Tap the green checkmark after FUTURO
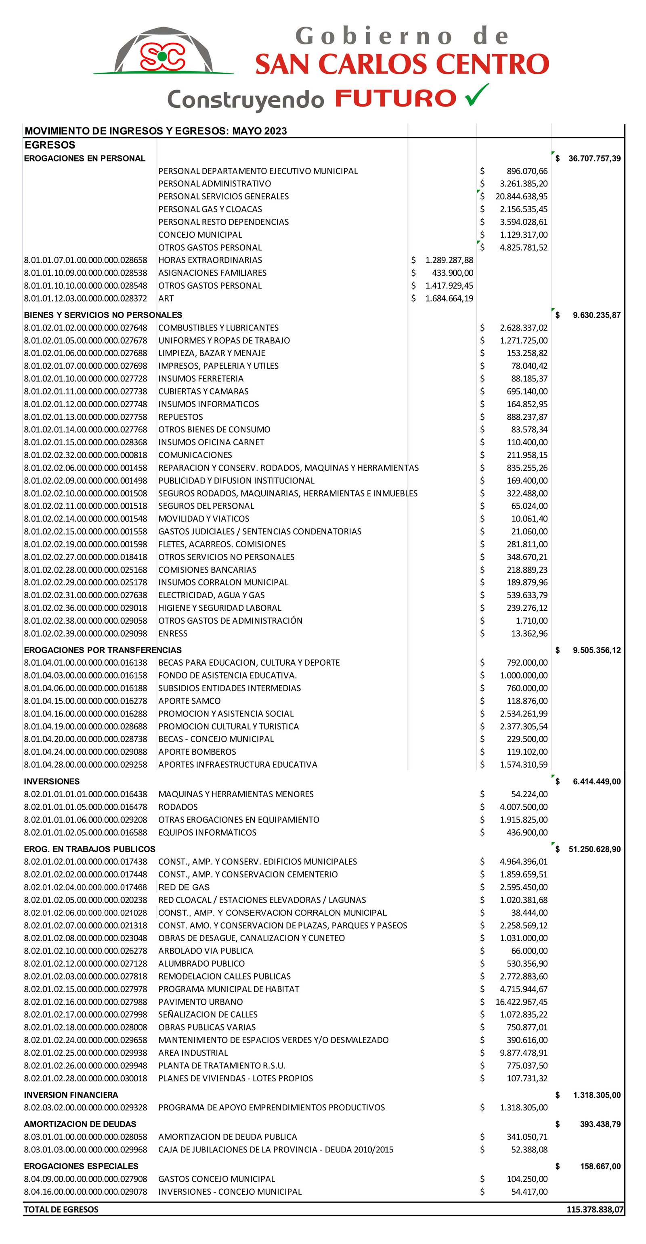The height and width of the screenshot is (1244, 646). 476,95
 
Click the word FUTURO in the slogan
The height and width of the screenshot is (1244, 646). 396,98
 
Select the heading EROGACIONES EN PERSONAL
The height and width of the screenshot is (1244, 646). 84,158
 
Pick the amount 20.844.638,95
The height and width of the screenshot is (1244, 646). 521,197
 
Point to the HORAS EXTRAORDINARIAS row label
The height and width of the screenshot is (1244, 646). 210,260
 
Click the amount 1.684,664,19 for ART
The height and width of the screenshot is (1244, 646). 449,298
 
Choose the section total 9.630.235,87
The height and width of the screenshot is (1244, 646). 596,315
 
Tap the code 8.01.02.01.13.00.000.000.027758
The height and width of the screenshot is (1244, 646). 86,417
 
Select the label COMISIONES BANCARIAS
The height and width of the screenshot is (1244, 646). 207,570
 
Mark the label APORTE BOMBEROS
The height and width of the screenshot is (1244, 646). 197,752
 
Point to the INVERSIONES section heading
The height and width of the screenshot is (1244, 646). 52,781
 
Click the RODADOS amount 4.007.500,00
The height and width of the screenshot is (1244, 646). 523,807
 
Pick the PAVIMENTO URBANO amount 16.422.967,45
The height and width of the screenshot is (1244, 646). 521,1002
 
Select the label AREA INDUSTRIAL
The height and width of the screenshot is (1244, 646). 193,1053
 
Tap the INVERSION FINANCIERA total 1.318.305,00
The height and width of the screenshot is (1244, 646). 596,1095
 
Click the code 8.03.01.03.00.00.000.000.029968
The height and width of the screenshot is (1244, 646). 86,1150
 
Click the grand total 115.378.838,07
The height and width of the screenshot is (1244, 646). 595,1209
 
